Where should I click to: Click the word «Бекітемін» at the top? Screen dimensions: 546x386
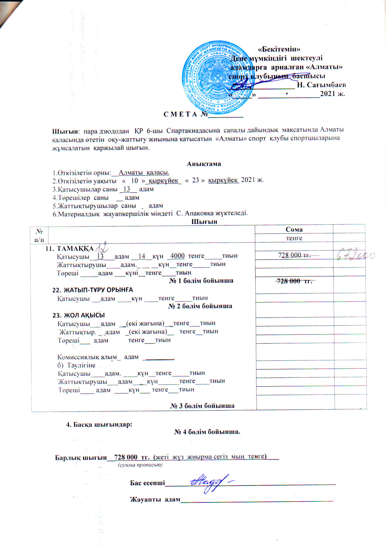coord(279,49)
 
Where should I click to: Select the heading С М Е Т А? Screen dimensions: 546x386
coord(181,114)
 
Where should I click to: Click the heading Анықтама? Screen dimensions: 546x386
coord(204,164)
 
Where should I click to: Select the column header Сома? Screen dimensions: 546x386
coord(294,229)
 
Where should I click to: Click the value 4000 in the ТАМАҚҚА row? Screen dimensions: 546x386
coord(177,256)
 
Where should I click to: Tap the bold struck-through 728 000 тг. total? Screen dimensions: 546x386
coord(294,281)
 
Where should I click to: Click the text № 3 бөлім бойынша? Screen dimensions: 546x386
coord(202,406)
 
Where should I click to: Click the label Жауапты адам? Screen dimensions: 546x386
coord(155,499)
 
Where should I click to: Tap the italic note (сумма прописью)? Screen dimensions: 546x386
coord(140,465)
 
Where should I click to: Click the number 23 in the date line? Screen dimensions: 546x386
coord(195,180)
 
